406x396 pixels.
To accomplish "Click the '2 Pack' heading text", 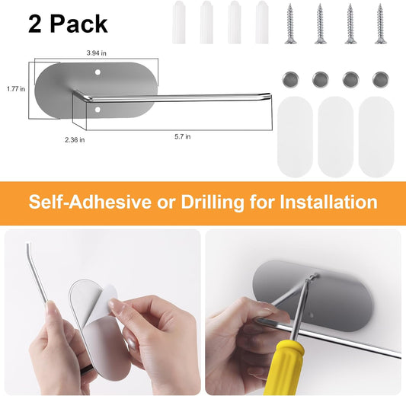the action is tap(68, 24).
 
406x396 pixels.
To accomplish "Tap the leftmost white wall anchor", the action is tap(179, 22).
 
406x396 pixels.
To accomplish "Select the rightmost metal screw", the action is tap(380, 24).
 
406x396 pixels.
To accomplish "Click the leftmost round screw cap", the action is tap(290, 79).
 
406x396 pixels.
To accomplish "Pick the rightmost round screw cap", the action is tap(380, 79).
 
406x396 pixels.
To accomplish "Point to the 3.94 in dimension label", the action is tap(96, 53).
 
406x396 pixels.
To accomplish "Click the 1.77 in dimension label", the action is tap(16, 89).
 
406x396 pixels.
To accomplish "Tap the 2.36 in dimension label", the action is tap(75, 140).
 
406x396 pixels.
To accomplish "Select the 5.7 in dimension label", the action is tap(183, 136).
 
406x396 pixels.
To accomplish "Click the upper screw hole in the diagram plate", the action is tap(98, 72).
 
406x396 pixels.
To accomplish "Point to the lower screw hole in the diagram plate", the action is tap(98, 110).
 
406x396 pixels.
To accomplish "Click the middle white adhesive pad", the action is tap(335, 137).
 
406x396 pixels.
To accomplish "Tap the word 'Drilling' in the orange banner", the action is tap(213, 202).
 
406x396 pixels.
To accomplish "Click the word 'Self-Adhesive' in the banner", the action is tap(90, 202).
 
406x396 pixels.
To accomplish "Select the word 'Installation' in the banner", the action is tap(328, 202).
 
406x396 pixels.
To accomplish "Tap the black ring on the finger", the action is tap(87, 369).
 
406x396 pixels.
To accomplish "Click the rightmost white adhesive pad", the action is tap(376, 137).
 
